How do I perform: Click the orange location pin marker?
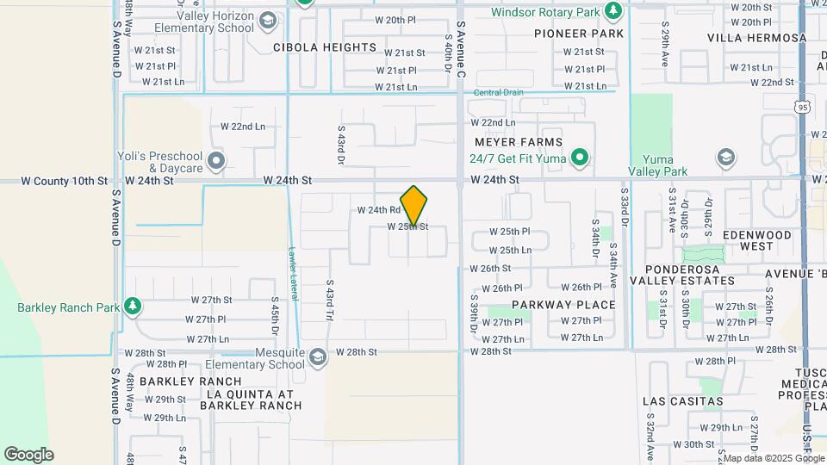[413, 205]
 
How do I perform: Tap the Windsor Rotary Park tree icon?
[612, 12]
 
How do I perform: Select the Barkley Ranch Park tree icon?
[132, 307]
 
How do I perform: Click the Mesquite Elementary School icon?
[317, 356]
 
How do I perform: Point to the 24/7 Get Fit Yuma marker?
[581, 158]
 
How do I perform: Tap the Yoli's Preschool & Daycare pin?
[216, 161]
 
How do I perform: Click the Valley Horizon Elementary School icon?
[268, 21]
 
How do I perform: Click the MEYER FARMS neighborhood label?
[519, 142]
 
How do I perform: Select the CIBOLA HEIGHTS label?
[326, 47]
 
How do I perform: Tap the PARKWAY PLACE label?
[564, 305]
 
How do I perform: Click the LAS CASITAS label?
[683, 401]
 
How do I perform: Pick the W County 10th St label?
[64, 181]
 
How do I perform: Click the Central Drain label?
[499, 93]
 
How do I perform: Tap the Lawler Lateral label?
[293, 275]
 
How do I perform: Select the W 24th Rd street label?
[379, 210]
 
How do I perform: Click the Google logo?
[28, 455]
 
